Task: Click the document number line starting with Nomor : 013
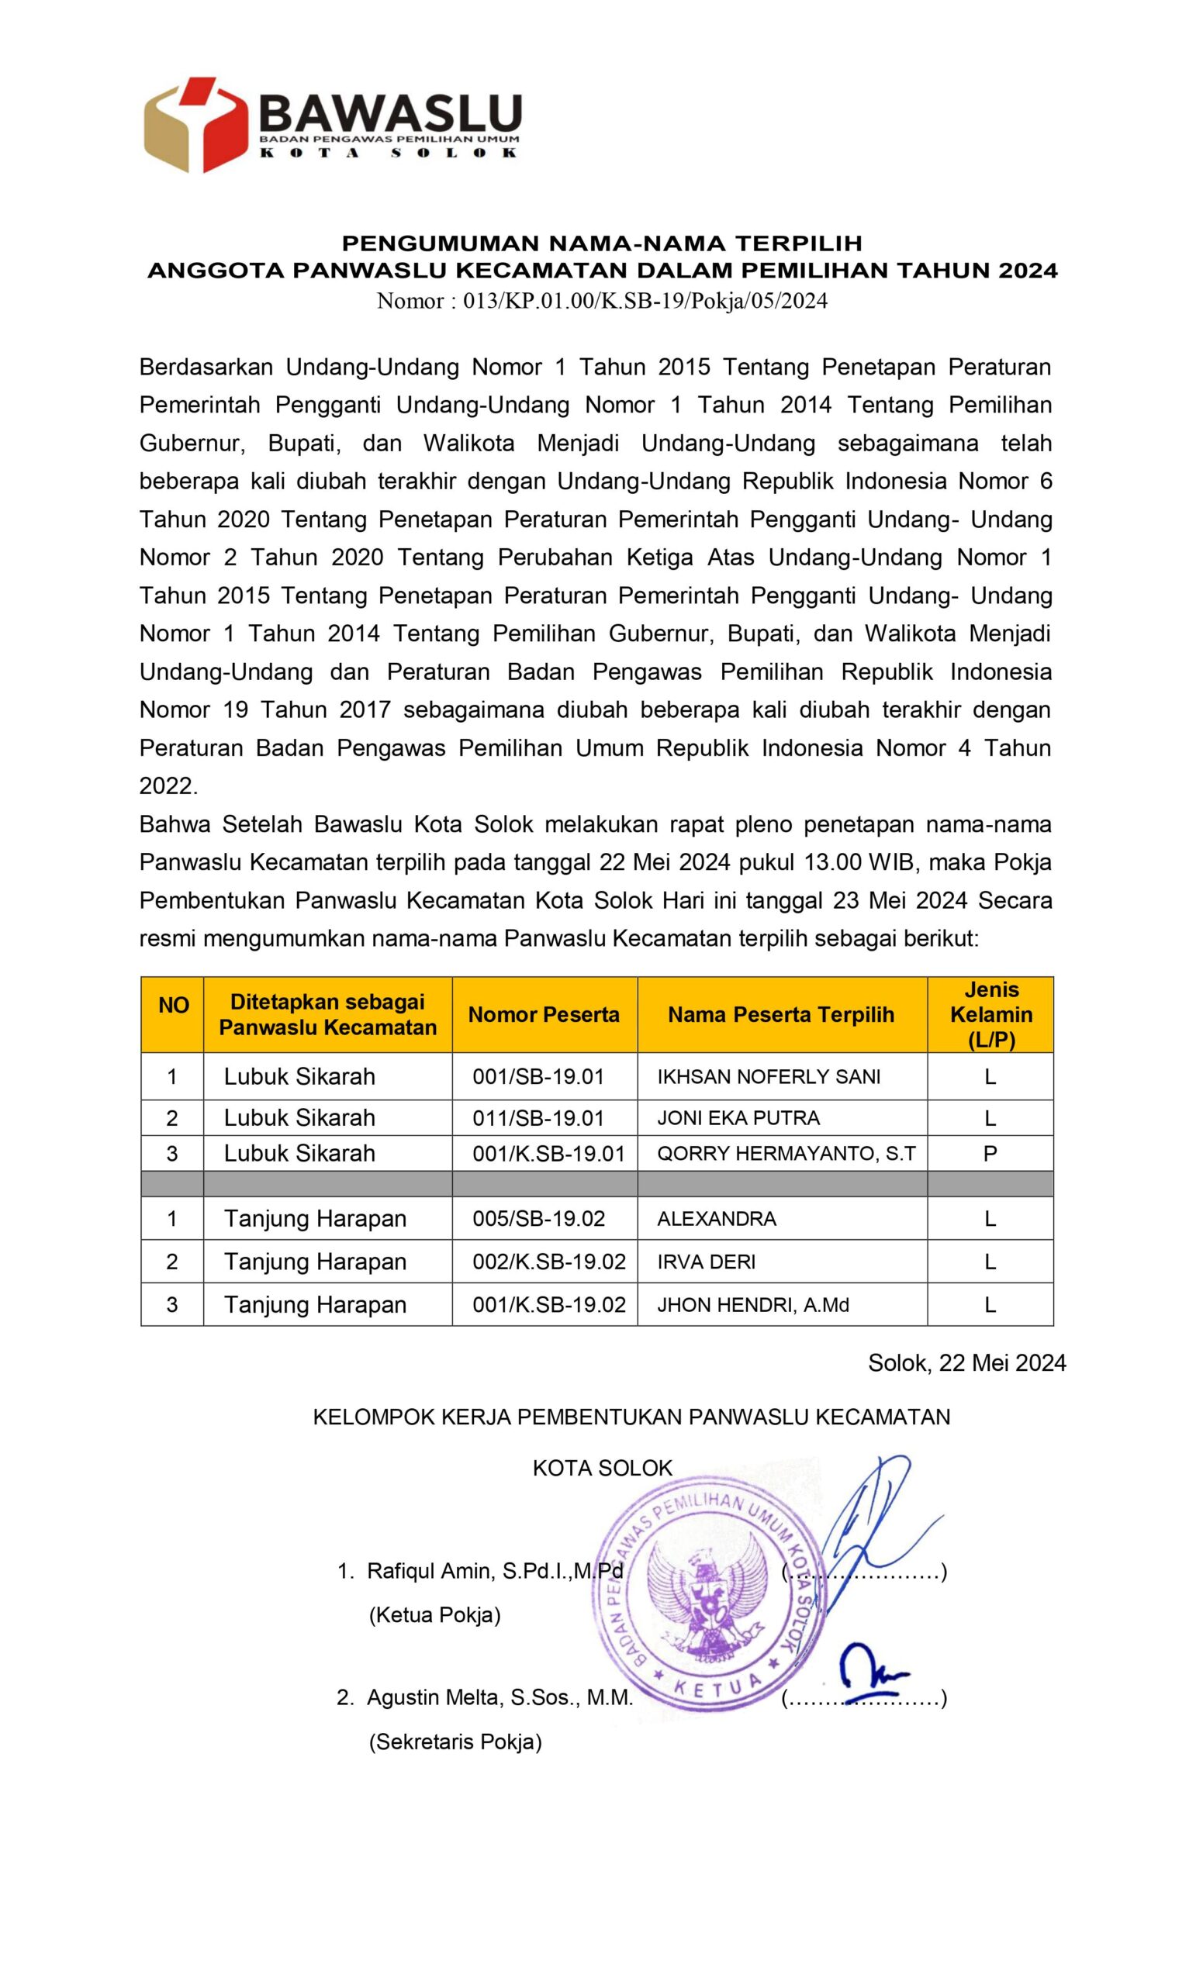[x=601, y=301]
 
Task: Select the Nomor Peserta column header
[x=543, y=1014]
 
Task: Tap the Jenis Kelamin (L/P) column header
[x=990, y=1014]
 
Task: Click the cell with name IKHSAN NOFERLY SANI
[x=768, y=1076]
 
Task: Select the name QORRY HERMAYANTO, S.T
[x=786, y=1153]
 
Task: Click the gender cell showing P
[x=990, y=1153]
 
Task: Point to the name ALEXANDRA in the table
[x=717, y=1218]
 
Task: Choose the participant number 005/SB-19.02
[x=538, y=1218]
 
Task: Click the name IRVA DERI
[x=706, y=1262]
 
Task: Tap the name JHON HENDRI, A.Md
[x=752, y=1304]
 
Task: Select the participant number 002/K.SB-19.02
[x=548, y=1262]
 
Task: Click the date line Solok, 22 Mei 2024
[x=966, y=1362]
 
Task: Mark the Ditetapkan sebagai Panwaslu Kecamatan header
[x=327, y=1014]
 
